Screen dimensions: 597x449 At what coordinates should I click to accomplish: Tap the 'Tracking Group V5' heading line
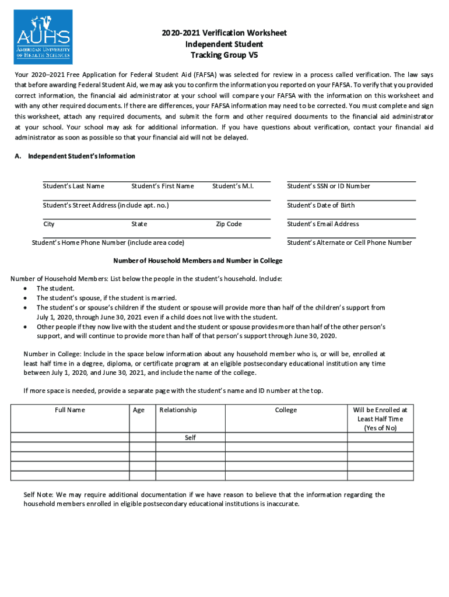point(224,55)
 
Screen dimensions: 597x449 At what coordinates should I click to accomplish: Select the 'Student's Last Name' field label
point(73,186)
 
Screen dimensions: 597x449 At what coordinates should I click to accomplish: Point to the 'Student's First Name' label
point(163,186)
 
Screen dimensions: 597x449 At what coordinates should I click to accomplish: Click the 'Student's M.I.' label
point(233,186)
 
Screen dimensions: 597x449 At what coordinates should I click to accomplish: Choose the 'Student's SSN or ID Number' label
point(328,186)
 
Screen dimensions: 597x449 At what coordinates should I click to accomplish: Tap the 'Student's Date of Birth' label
point(321,205)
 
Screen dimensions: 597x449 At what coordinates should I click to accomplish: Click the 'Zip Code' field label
point(229,224)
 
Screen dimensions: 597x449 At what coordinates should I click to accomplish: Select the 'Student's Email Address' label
point(323,224)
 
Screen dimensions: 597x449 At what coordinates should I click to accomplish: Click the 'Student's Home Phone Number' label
point(108,243)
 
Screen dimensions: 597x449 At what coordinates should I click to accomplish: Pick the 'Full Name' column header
point(70,410)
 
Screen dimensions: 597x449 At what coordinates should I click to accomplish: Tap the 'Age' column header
point(139,410)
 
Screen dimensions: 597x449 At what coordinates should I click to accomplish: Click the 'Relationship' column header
point(178,410)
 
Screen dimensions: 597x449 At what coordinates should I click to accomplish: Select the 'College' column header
point(286,410)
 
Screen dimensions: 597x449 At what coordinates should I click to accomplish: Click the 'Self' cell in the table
point(190,437)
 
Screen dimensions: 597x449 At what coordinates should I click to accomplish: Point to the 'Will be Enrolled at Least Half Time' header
point(380,419)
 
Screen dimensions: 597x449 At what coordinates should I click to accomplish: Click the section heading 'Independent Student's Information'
point(82,156)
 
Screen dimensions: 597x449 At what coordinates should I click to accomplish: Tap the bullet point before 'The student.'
point(25,289)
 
